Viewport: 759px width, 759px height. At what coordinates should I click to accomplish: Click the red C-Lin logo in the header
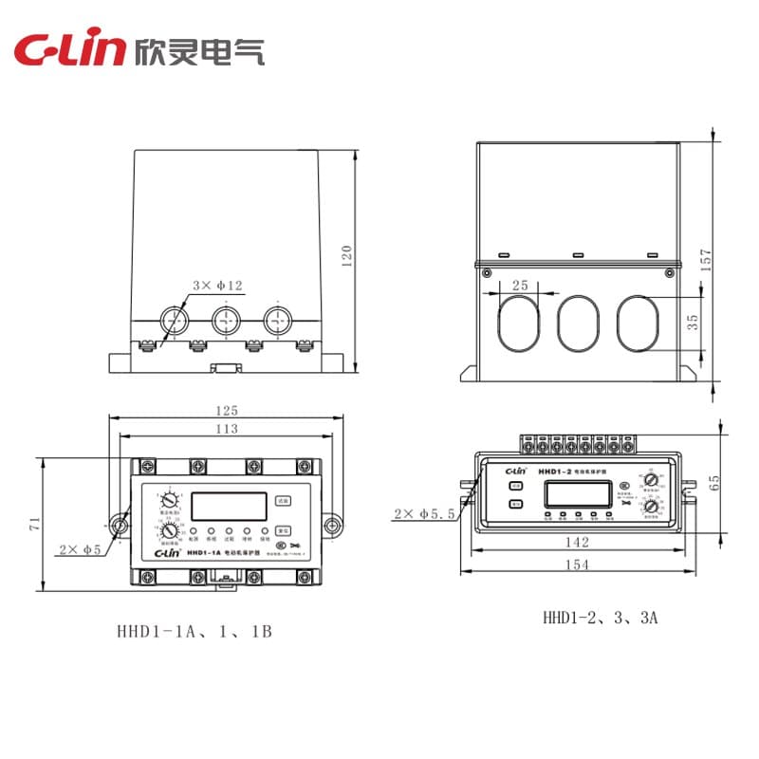[x=67, y=50]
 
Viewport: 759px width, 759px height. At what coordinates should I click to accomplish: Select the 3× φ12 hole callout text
[x=217, y=285]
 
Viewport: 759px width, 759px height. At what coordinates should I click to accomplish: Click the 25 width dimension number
[x=520, y=285]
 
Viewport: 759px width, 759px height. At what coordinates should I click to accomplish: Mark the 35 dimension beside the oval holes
[x=693, y=323]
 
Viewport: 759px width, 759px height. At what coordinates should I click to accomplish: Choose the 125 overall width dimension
[x=226, y=411]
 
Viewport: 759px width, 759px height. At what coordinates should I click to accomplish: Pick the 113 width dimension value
[x=226, y=430]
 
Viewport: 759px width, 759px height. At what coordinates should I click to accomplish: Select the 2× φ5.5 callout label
[x=423, y=514]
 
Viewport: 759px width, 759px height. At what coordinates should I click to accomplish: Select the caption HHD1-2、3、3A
[x=600, y=617]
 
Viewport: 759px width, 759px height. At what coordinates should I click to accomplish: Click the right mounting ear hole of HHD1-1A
[x=332, y=525]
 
